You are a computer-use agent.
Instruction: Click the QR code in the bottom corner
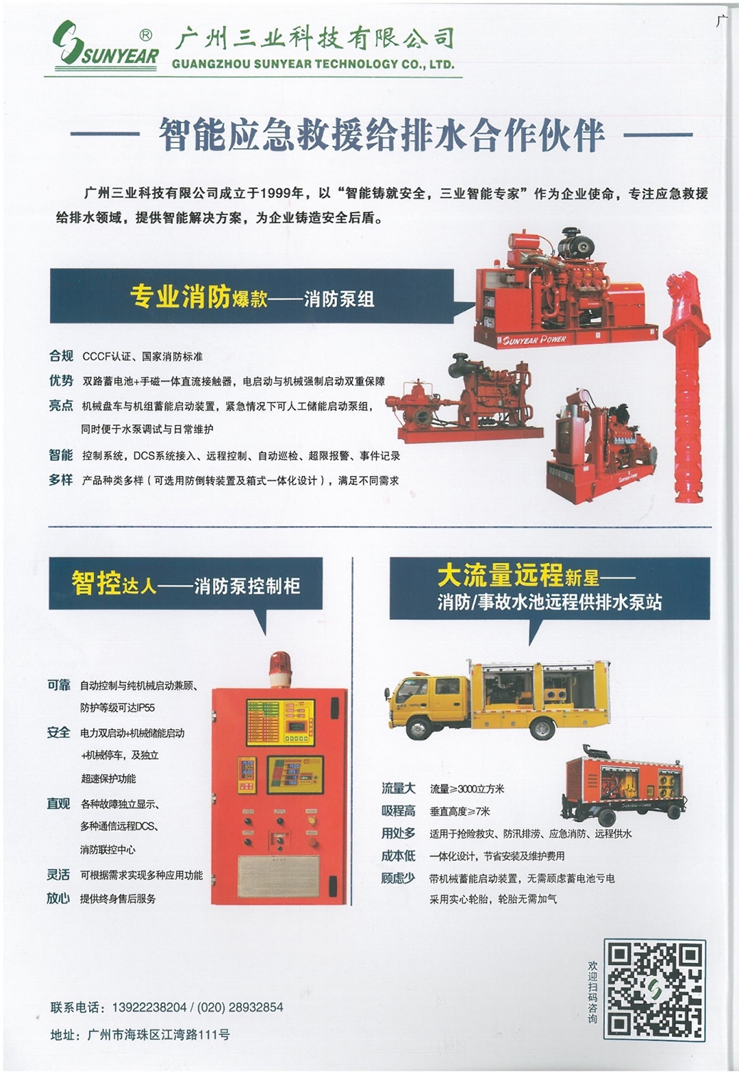pyautogui.click(x=654, y=989)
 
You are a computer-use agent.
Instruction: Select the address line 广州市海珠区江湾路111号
pyautogui.click(x=158, y=1034)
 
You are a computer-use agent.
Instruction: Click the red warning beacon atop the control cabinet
pyautogui.click(x=280, y=670)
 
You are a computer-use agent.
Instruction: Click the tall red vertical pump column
pyautogui.click(x=686, y=385)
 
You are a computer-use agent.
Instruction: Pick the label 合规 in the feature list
pyautogui.click(x=61, y=355)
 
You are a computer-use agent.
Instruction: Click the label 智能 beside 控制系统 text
pyautogui.click(x=61, y=454)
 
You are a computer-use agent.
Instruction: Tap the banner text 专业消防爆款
pyautogui.click(x=199, y=297)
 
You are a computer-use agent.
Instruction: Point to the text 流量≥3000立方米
pyautogui.click(x=467, y=788)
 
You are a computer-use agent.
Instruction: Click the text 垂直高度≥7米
pyautogui.click(x=460, y=811)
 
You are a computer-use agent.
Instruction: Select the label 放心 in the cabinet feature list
pyautogui.click(x=58, y=898)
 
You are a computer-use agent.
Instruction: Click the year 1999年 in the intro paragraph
pyautogui.click(x=282, y=193)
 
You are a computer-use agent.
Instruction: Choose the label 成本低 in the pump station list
pyautogui.click(x=398, y=855)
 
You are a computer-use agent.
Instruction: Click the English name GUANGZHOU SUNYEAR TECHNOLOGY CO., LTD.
pyautogui.click(x=313, y=64)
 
